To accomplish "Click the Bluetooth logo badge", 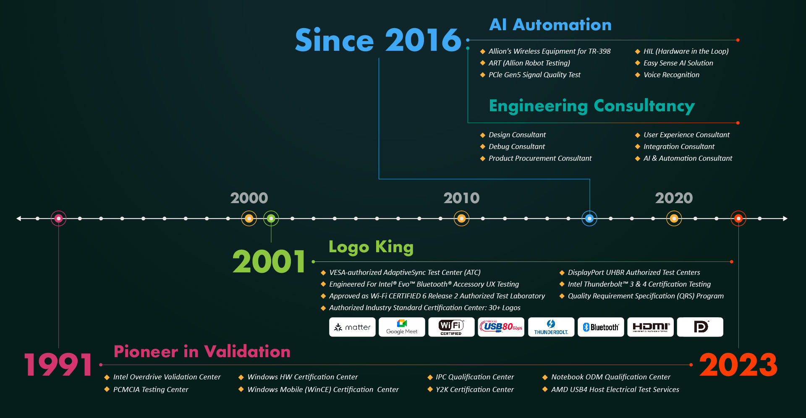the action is [601, 327].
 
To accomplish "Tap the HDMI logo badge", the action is [650, 327].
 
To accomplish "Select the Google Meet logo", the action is [402, 327].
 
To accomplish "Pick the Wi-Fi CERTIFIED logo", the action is [451, 327].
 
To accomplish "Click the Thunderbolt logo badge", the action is [551, 327].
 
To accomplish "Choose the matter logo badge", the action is [352, 327].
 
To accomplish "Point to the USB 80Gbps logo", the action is [501, 327].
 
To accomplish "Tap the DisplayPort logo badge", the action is [700, 327].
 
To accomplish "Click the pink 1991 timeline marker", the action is [59, 218].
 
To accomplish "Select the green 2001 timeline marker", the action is [271, 218].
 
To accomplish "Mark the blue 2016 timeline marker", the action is [589, 218].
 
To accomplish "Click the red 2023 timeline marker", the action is [738, 218].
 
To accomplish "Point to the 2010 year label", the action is [461, 198].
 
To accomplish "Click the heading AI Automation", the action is [550, 25].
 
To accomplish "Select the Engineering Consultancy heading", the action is [592, 106].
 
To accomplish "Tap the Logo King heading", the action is [371, 247].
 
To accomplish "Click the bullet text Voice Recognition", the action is [671, 75].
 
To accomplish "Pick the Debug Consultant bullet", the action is [517, 146].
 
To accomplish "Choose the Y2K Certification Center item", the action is [474, 389].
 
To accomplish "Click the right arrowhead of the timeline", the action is [785, 218].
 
